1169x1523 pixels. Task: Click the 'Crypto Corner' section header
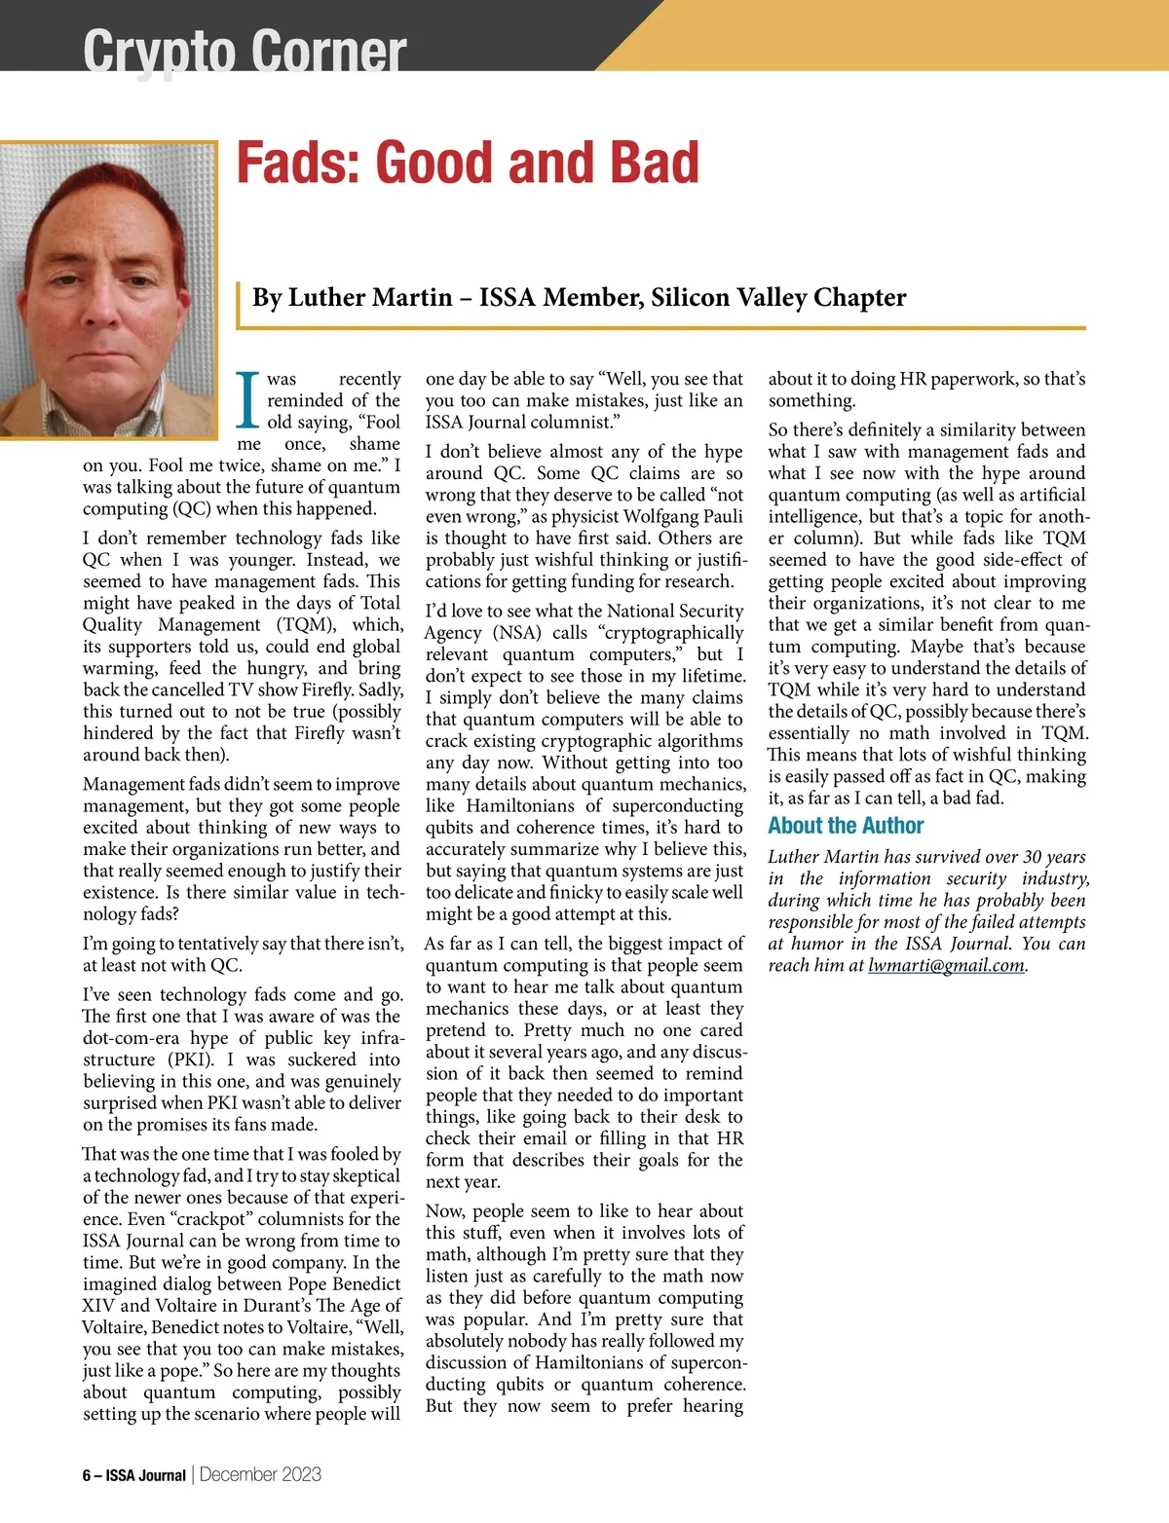(244, 49)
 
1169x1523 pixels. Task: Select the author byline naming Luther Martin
(579, 297)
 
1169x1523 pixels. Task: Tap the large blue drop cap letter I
(249, 400)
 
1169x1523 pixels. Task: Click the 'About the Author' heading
(845, 826)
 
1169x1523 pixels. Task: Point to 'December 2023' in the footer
(260, 1474)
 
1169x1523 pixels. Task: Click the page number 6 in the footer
(87, 1475)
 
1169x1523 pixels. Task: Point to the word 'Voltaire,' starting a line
(116, 1327)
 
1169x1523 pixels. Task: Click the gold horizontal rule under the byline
(662, 328)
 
